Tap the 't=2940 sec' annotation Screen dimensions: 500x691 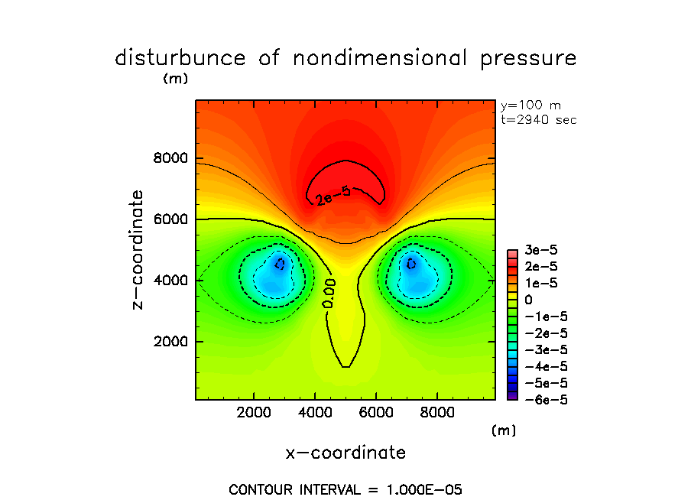538,120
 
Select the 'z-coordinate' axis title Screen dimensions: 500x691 138,249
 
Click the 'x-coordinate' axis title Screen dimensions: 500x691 345,453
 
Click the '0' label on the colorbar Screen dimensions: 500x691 527,300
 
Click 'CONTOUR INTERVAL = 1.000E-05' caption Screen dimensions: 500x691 345,489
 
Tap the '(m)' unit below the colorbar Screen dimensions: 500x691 504,430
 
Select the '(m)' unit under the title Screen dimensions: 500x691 175,78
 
